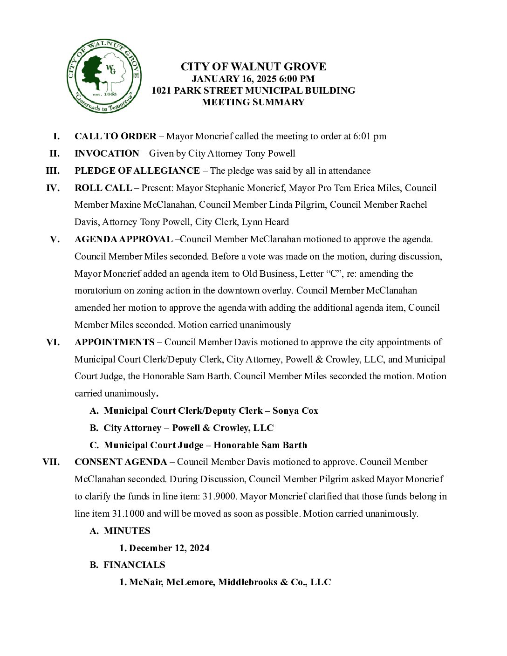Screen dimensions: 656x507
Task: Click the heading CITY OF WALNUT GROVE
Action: [253, 67]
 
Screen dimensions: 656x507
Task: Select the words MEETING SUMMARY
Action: [253, 102]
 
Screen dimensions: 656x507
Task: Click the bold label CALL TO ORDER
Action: [115, 137]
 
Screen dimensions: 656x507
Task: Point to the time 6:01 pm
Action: [370, 137]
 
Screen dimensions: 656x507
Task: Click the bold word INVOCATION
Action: [107, 154]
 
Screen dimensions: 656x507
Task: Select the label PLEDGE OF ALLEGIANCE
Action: [137, 171]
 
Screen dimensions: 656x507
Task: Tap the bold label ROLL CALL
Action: [103, 188]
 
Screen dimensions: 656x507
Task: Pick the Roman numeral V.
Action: [55, 239]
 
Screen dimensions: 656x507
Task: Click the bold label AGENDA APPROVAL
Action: [123, 239]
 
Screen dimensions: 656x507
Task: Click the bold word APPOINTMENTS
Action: [114, 342]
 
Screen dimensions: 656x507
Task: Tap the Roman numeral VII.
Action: [51, 462]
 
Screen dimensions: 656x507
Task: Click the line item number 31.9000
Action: [219, 497]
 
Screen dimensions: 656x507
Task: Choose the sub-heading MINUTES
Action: [127, 531]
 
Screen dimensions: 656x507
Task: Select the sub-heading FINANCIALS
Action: [134, 565]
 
